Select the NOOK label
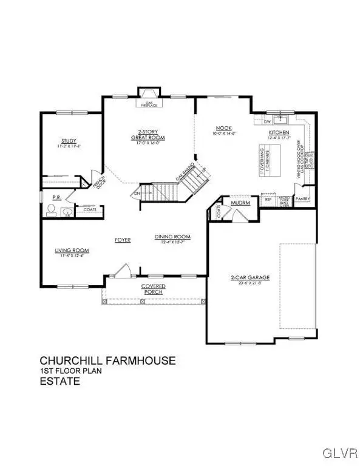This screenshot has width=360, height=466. [223, 128]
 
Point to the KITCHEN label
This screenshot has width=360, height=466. [279, 132]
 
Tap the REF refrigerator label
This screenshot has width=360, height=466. [268, 199]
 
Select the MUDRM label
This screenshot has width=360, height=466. [240, 203]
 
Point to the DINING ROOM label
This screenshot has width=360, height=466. [172, 237]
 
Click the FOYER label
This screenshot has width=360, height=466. [123, 240]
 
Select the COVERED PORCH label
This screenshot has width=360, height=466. [154, 288]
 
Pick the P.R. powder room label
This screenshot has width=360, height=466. [55, 197]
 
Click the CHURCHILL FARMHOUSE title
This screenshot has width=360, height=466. [107, 361]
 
